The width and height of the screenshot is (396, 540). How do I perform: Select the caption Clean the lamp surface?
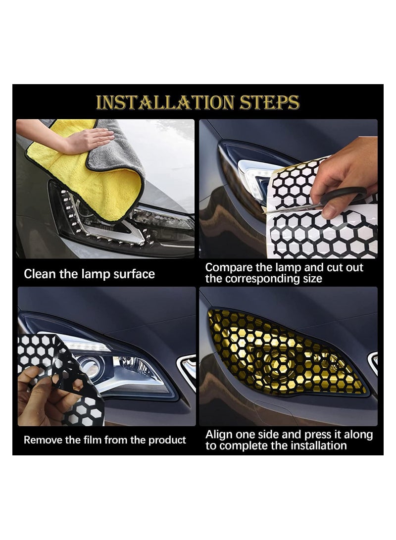click(x=89, y=274)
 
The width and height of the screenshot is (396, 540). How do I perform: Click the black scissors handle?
click(x=346, y=195)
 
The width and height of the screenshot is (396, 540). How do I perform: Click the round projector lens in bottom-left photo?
click(x=90, y=366)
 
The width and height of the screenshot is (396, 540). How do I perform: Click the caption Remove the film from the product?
click(x=104, y=440)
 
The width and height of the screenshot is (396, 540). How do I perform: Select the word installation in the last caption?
click(x=316, y=445)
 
